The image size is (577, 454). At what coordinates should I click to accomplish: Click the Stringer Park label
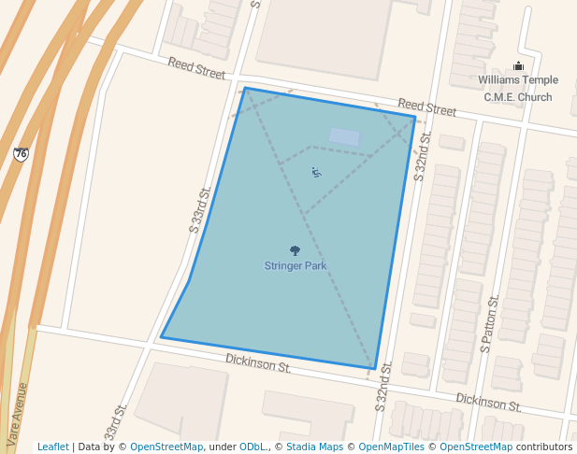(295, 266)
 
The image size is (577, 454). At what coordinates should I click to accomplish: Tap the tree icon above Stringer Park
(296, 250)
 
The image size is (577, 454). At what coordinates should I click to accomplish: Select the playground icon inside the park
(316, 171)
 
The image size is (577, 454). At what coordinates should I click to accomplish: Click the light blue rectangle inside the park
(344, 137)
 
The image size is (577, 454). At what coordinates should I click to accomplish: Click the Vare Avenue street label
(18, 411)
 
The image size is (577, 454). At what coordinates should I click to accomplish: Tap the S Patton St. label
(488, 323)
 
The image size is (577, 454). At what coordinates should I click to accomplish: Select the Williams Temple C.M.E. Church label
(517, 89)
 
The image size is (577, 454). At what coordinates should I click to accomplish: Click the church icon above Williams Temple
(518, 65)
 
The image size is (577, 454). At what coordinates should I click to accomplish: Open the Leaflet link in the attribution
(52, 447)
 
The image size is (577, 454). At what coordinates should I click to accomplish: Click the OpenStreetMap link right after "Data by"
(166, 447)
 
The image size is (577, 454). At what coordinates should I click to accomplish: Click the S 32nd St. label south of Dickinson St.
(383, 398)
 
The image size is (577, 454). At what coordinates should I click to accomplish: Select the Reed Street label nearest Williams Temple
(426, 107)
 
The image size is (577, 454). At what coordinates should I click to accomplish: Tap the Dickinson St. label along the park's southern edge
(258, 363)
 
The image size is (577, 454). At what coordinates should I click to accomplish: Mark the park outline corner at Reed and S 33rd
(245, 89)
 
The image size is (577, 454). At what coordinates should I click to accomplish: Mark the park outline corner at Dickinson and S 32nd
(372, 368)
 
